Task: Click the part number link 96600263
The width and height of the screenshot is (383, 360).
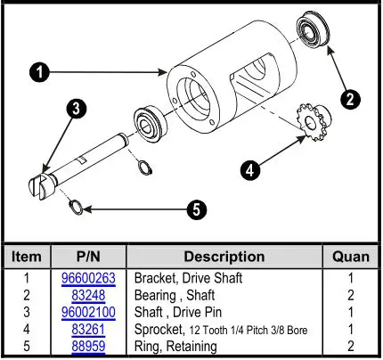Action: (87, 277)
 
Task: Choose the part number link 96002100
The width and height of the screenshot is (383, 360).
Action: (87, 312)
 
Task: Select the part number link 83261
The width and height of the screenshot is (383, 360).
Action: (87, 329)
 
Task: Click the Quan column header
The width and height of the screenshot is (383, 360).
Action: (350, 256)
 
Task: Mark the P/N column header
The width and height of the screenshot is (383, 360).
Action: (87, 256)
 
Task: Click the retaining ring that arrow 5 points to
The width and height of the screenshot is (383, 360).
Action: (78, 208)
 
